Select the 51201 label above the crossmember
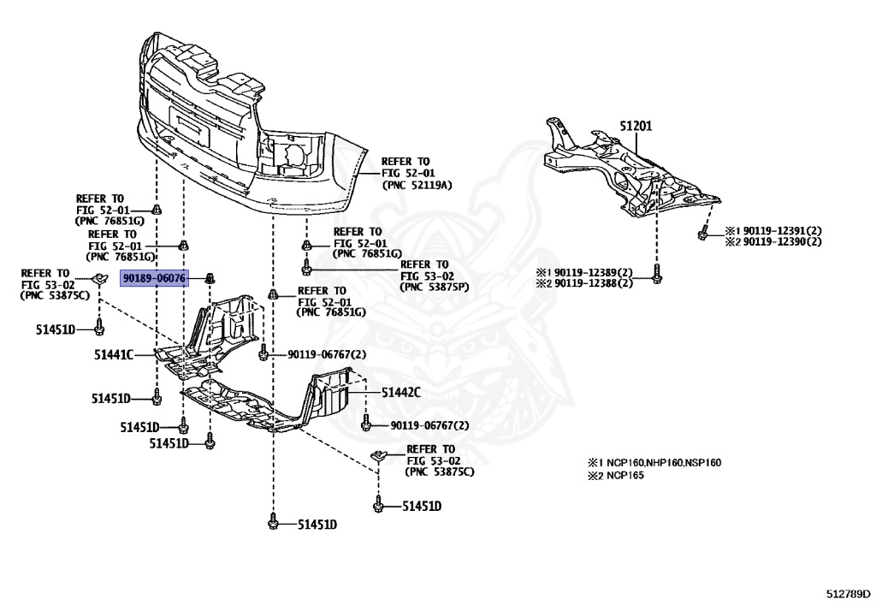pyautogui.click(x=636, y=125)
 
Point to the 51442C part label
pyautogui.click(x=401, y=392)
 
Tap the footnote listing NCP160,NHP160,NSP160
pyautogui.click(x=654, y=463)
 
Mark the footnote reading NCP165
pyautogui.click(x=616, y=475)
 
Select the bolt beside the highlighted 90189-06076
pyautogui.click(x=210, y=278)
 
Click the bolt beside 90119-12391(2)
pyautogui.click(x=702, y=232)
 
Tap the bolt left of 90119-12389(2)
pyautogui.click(x=657, y=276)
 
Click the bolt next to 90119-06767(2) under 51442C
pyautogui.click(x=366, y=424)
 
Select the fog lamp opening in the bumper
pyautogui.click(x=291, y=159)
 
